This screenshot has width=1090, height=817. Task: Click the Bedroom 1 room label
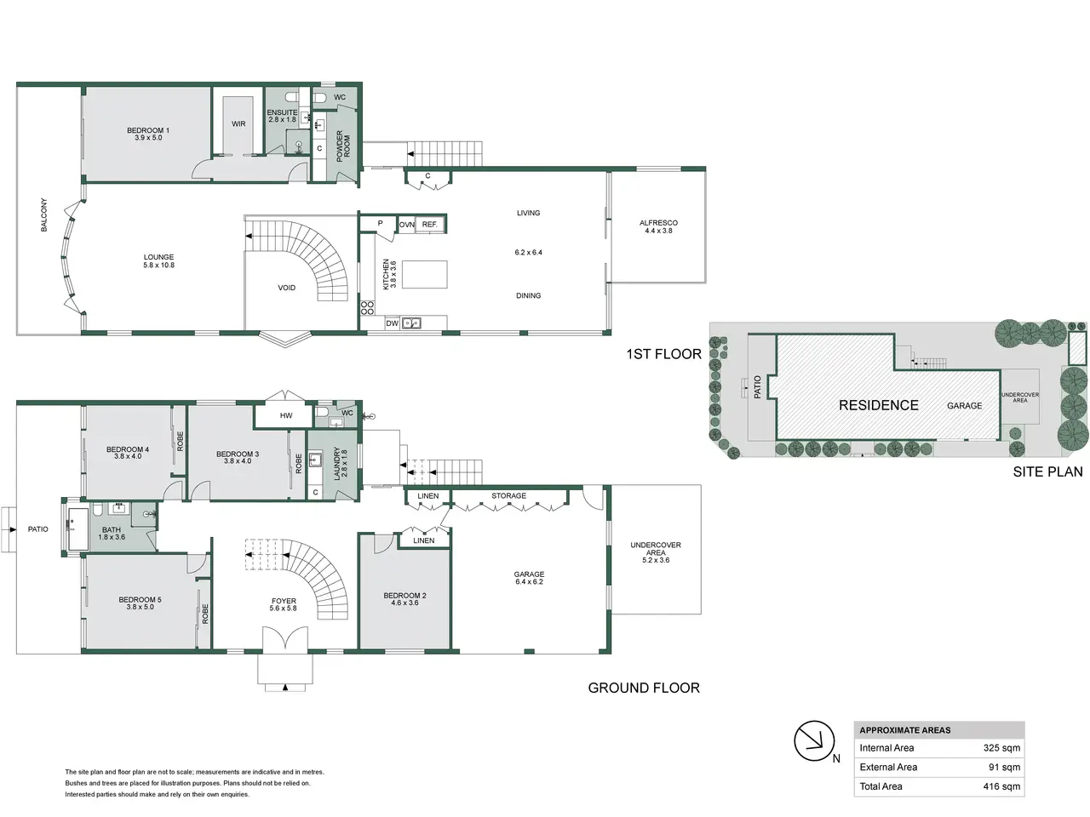coord(148,134)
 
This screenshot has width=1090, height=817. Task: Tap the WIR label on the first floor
coord(238,124)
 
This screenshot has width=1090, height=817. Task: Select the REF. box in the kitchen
coord(430,225)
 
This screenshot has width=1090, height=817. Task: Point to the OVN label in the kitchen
coord(407,225)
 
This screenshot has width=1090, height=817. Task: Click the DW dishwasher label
coord(393,323)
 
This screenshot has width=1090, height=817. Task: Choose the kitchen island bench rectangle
coord(425,274)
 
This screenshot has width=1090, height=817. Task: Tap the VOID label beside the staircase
coord(286,288)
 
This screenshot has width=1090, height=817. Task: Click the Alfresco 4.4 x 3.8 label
coord(658,226)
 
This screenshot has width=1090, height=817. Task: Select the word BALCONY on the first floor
coord(44,214)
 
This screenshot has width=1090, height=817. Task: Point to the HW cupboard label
coord(286,415)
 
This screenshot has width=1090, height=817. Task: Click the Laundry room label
coord(341,463)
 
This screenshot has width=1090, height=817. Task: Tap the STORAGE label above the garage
coord(508,495)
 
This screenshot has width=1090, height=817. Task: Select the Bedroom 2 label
coord(404,599)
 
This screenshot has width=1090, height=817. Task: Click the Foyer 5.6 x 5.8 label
coord(284,604)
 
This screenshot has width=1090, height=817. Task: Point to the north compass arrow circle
coord(814,741)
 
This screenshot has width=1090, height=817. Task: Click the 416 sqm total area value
coord(1001,786)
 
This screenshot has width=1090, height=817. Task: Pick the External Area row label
coord(888,767)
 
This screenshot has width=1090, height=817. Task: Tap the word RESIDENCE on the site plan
coord(879,405)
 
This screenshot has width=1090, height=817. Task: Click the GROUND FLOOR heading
coord(644,688)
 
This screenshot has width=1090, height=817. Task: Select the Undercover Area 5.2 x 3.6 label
coord(656,552)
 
